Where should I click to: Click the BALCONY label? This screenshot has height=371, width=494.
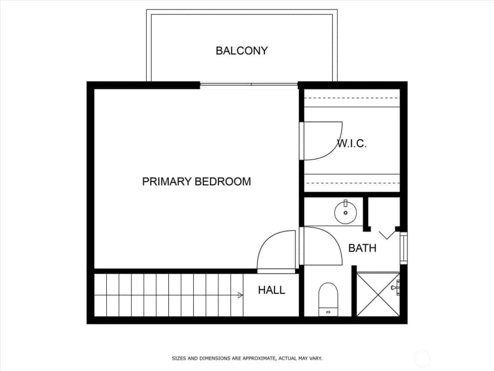tap(242, 51)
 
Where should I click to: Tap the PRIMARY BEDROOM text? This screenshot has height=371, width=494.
tap(196, 182)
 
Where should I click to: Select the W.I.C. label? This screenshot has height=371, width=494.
tap(352, 144)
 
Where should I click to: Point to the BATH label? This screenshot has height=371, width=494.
tap(362, 248)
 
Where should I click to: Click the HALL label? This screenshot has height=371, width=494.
tap(271, 290)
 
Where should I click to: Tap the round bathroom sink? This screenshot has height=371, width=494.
tap(345, 213)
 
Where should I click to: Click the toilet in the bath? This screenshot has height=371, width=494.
tap(328, 299)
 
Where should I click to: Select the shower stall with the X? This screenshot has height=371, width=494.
tap(378, 295)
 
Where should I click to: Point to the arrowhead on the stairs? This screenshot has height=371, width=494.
tap(240, 295)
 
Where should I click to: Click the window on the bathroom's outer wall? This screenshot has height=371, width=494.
tap(403, 248)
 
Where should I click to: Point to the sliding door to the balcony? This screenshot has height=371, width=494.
tap(249, 84)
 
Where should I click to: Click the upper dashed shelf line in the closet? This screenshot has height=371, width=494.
tap(352, 98)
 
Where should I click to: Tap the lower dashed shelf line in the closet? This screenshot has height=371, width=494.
tap(352, 183)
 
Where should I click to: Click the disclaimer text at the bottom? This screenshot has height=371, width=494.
tap(247, 358)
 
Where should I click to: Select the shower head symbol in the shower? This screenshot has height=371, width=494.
tap(396, 287)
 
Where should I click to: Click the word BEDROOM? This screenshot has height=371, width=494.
tap(223, 182)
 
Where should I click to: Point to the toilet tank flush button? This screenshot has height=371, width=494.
tap(328, 312)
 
